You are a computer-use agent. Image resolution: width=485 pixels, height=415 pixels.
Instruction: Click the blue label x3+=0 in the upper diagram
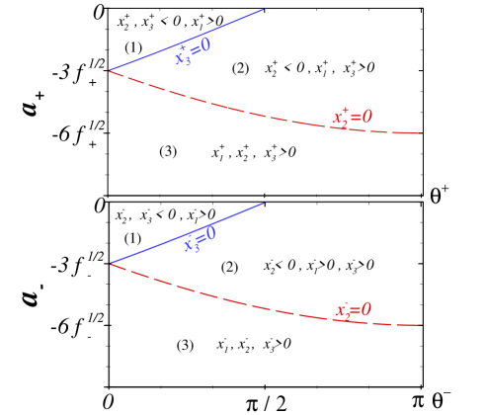point(193,51)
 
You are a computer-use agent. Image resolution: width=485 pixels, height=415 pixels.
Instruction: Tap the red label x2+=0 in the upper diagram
point(352,118)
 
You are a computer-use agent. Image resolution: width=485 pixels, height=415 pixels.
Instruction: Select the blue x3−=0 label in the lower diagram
point(199,239)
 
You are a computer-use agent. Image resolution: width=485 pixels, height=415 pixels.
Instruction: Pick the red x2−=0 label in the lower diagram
point(353,310)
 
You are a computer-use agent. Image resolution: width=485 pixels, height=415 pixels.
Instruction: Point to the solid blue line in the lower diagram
point(148,249)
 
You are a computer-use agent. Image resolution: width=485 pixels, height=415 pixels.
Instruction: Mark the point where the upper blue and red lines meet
point(109,70)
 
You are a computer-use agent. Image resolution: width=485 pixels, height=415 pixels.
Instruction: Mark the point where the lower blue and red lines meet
point(109,264)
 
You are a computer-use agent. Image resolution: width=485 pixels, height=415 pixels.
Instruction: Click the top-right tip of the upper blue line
point(265,9)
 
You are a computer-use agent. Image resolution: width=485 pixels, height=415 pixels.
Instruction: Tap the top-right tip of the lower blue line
point(265,203)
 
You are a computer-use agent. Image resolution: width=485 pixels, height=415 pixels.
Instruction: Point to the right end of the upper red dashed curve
point(420,132)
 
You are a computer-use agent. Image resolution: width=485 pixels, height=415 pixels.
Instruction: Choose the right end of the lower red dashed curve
point(420,324)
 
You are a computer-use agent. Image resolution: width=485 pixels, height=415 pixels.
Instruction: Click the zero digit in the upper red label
point(367,117)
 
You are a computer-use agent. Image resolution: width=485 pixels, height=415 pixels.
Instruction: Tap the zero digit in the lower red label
point(366,309)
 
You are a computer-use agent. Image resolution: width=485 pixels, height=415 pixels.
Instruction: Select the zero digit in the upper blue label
point(205,44)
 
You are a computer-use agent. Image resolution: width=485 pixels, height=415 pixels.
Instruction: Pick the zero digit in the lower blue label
point(210,233)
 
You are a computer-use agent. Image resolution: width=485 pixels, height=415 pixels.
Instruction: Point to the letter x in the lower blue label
point(188,244)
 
